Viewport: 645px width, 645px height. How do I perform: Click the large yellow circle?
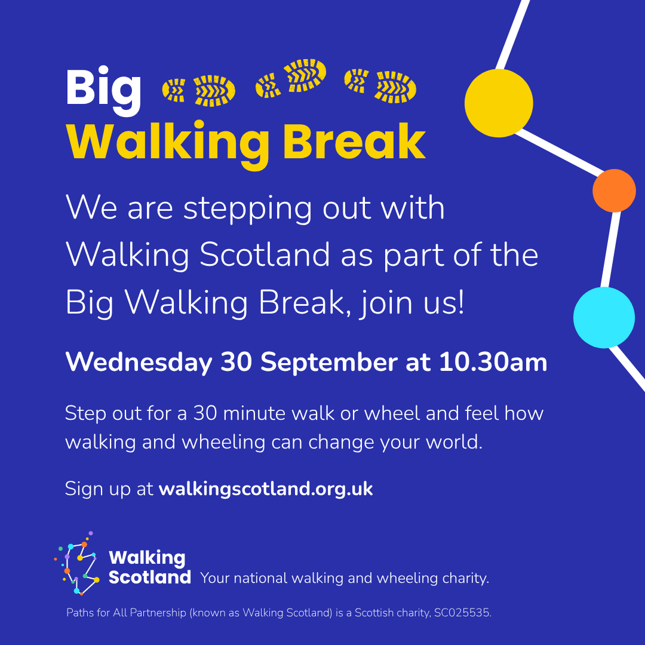[x=499, y=103]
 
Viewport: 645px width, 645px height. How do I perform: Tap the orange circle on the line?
[x=614, y=191]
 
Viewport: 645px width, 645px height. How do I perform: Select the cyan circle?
[x=604, y=318]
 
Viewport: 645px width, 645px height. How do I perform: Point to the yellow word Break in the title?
[x=354, y=142]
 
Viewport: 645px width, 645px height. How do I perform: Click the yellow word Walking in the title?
[x=168, y=145]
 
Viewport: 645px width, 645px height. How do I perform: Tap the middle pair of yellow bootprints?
[x=291, y=78]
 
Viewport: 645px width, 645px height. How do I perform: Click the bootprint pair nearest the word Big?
[x=199, y=91]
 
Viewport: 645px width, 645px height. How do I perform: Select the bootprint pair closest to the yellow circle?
[x=380, y=85]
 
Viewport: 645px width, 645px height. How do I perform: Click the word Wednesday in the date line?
[x=139, y=362]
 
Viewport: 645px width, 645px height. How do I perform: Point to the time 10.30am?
[x=493, y=362]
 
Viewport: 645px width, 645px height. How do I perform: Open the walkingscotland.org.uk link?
[x=266, y=489]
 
